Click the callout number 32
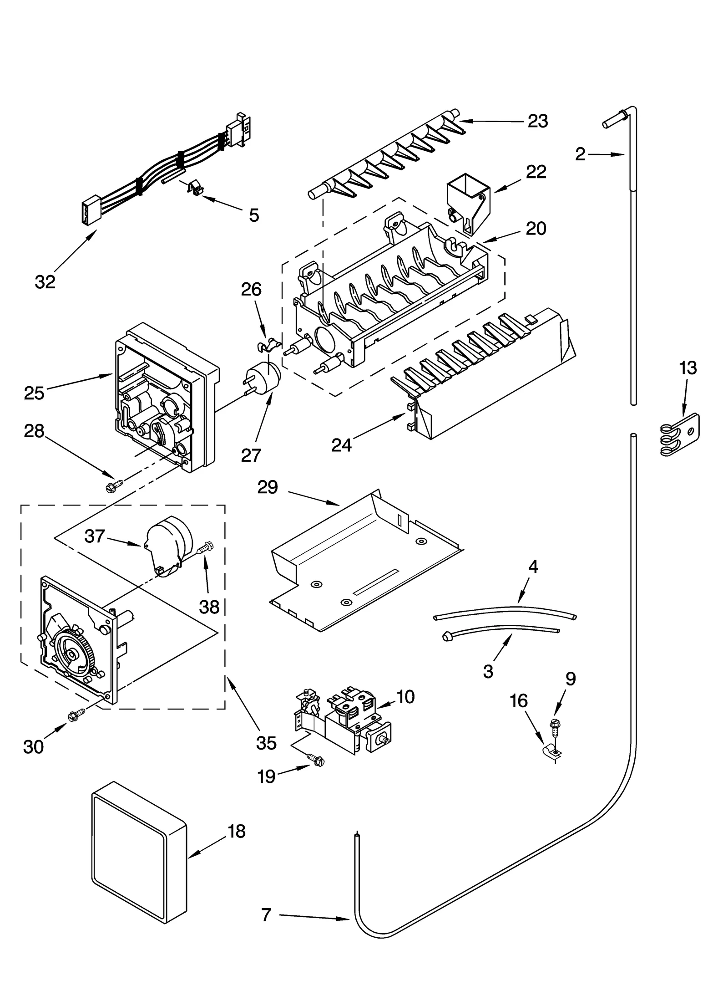pyautogui.click(x=45, y=282)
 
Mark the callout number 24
pyautogui.click(x=341, y=444)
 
